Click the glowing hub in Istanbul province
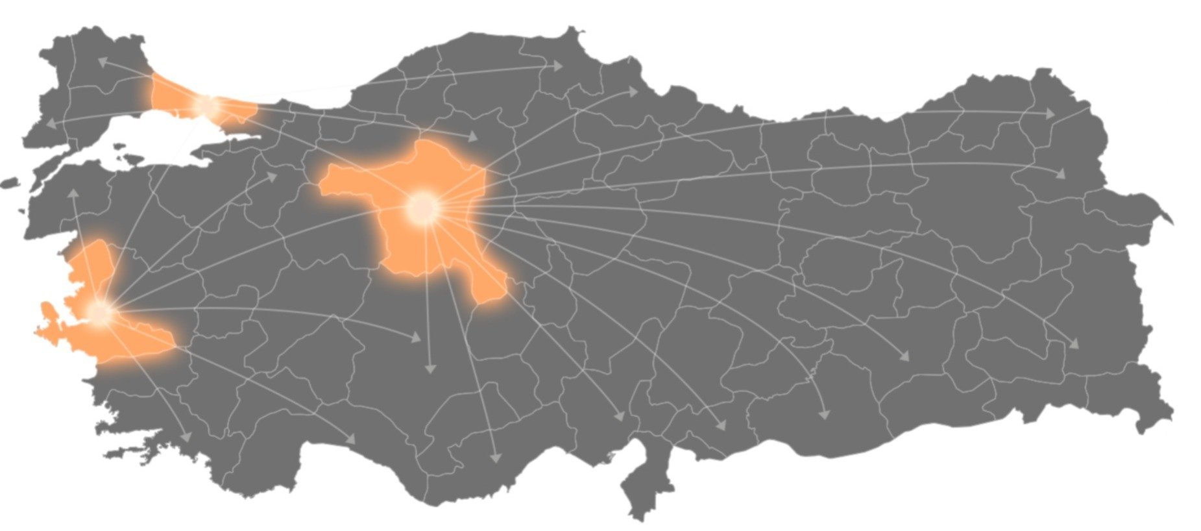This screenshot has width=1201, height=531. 207,105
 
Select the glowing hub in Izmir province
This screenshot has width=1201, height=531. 99,312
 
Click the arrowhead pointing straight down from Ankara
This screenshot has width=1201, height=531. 429,368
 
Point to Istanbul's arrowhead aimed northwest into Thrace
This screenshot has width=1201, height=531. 103,61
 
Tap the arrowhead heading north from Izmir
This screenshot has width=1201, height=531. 73,193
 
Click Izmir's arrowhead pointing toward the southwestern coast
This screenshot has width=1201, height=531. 187,437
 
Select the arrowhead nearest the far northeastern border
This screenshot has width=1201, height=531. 1049,114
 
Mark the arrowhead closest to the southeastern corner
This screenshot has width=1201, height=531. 1074,343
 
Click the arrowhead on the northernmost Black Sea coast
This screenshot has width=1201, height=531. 557,65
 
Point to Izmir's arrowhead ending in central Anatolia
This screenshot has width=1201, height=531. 415,338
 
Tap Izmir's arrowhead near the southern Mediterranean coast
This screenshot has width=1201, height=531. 351,439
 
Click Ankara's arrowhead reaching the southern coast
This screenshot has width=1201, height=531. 496,457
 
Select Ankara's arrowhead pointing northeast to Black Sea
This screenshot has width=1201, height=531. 633,92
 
